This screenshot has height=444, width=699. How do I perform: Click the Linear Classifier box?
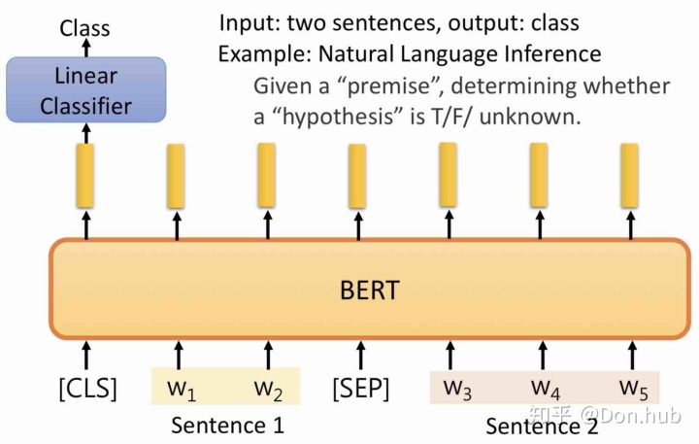pyautogui.click(x=85, y=89)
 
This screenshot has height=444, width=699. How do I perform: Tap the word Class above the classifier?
pyautogui.click(x=85, y=28)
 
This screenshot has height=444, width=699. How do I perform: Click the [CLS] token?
pyautogui.click(x=87, y=389)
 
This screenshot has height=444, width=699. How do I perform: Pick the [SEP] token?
pyautogui.click(x=360, y=389)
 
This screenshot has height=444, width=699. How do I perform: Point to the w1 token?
pyautogui.click(x=181, y=389)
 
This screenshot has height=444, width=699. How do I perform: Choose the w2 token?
pyautogui.click(x=268, y=389)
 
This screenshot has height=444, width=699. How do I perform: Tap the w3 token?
pyautogui.click(x=457, y=389)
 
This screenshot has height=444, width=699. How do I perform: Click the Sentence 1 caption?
pyautogui.click(x=227, y=425)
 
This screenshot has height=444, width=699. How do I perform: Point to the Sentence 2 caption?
pyautogui.click(x=542, y=426)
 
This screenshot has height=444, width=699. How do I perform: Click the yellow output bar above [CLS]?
pyautogui.click(x=85, y=175)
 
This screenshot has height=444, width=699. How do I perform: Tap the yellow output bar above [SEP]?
pyautogui.click(x=357, y=175)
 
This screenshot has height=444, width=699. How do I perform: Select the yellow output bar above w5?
pyautogui.click(x=629, y=175)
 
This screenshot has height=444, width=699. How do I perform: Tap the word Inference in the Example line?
pyautogui.click(x=550, y=53)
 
